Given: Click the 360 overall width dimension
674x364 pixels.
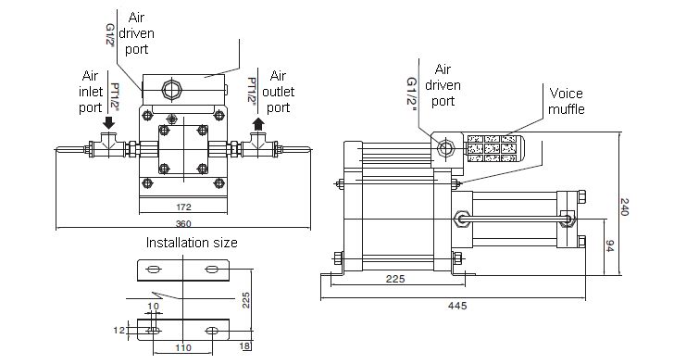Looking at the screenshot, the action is (x=183, y=224).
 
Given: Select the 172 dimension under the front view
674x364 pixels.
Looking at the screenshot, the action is (x=183, y=207).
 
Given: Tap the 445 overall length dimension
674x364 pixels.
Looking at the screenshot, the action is (x=457, y=306).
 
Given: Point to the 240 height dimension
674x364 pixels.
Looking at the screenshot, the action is (x=625, y=207).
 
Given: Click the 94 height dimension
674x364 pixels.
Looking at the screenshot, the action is (x=609, y=246).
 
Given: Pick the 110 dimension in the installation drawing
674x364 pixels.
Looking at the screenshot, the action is (x=183, y=347).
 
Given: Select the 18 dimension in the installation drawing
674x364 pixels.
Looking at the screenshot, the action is (x=244, y=345).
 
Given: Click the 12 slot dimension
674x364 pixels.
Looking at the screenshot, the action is (x=119, y=331).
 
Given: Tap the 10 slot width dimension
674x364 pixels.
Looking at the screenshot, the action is (x=153, y=307).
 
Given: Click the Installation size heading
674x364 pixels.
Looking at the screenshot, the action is (x=192, y=243).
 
